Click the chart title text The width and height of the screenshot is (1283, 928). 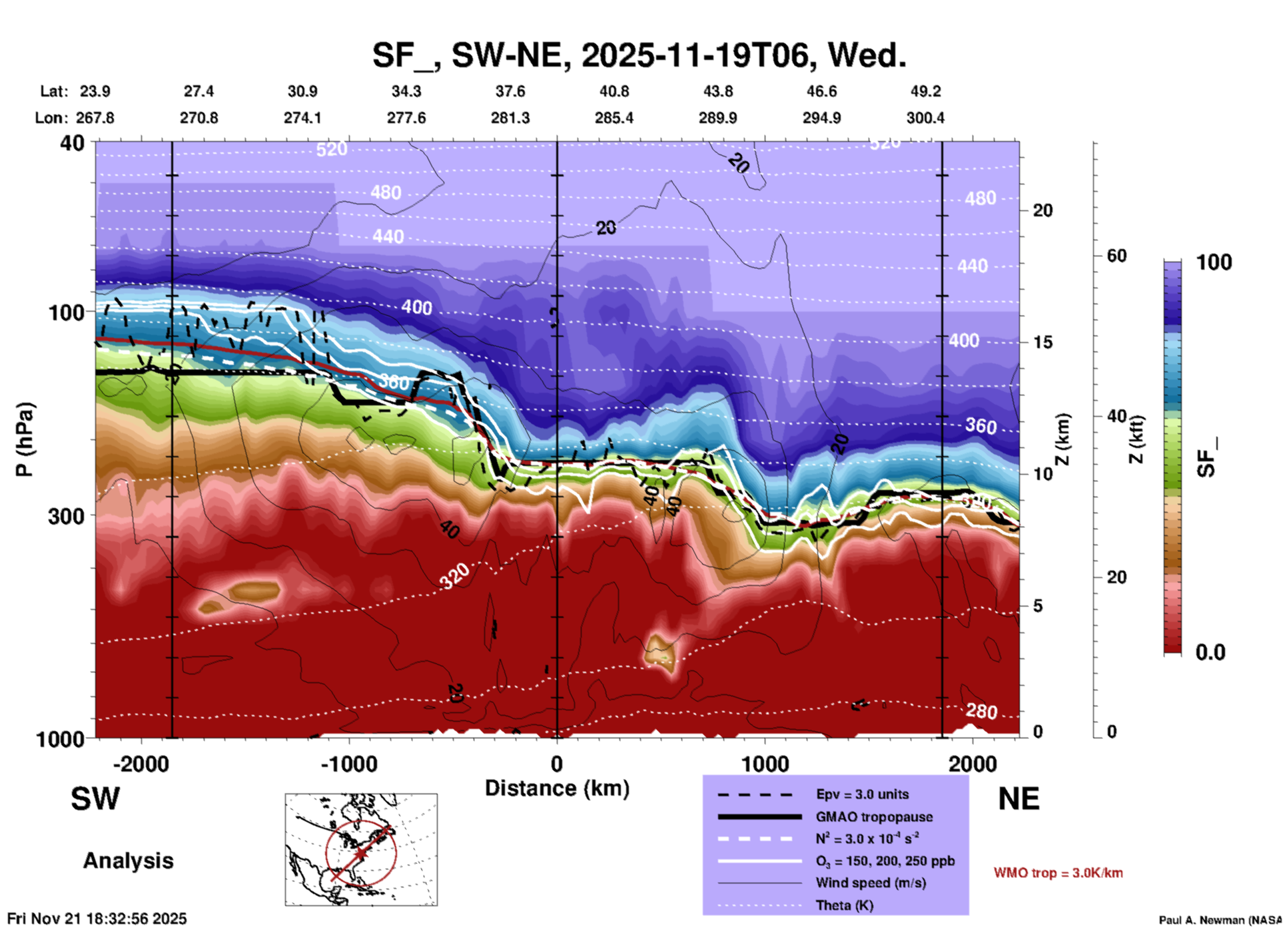[639, 55]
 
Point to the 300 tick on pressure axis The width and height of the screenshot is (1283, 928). [67, 516]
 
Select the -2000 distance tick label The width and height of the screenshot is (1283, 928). [141, 764]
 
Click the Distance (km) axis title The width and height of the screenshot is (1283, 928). [557, 788]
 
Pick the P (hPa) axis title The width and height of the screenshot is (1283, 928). [25, 439]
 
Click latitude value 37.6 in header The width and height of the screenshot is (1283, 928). [510, 91]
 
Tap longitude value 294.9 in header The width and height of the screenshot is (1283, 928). [821, 118]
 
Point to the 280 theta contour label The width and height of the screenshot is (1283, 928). [981, 712]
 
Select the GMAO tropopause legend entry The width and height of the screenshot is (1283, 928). [874, 817]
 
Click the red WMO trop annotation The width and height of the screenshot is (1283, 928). [1058, 873]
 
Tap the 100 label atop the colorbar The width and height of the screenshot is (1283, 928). [1214, 262]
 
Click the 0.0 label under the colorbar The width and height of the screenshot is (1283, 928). [1210, 652]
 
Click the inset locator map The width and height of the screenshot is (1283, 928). [361, 849]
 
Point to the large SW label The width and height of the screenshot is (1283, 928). [95, 799]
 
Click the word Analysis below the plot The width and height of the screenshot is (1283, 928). [128, 861]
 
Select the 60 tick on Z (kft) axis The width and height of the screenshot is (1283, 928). [1116, 256]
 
